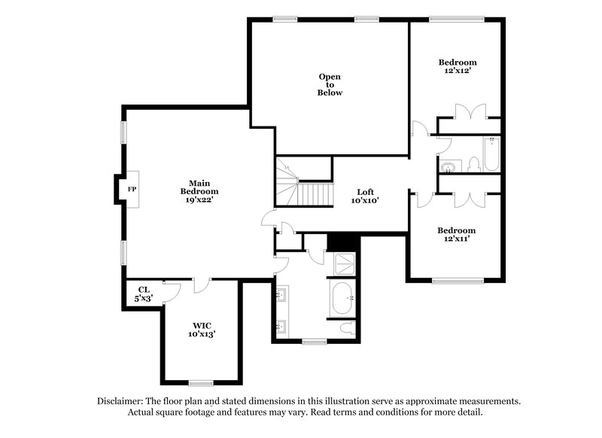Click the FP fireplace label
click(132, 188)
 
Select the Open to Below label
click(330, 84)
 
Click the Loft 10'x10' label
click(366, 196)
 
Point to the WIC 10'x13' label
click(202, 328)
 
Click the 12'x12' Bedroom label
click(458, 66)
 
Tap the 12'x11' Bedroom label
click(457, 235)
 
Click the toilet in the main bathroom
click(348, 327)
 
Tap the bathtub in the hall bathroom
click(492, 154)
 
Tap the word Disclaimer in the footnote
click(124, 401)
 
